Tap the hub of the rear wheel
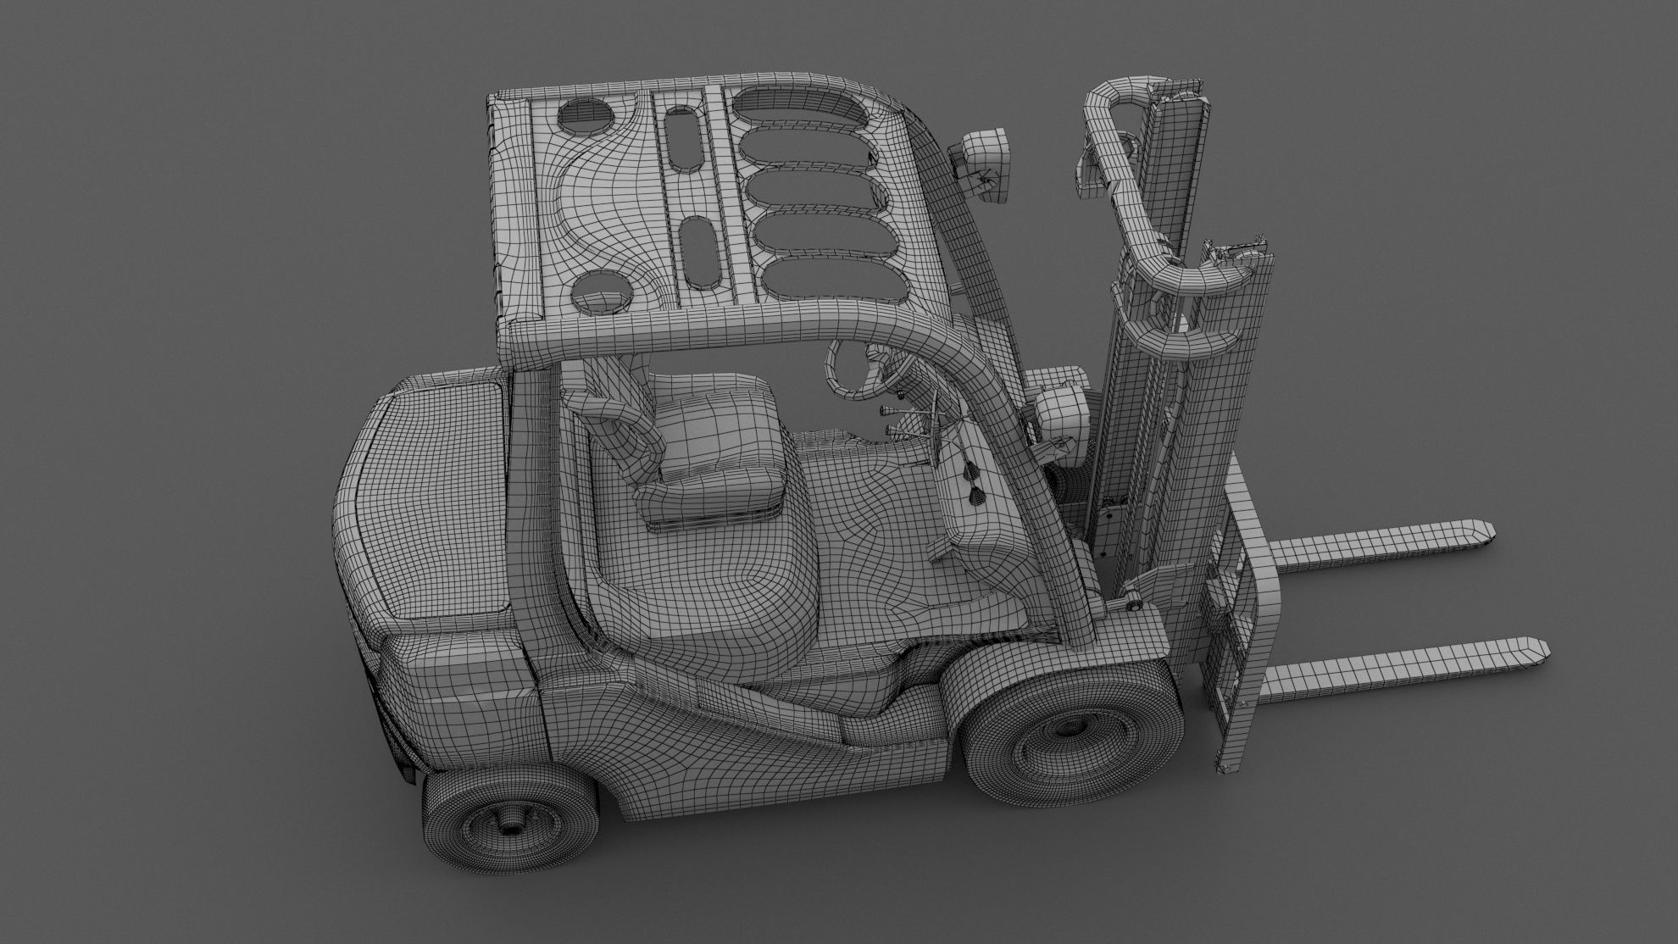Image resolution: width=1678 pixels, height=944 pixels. pyautogui.click(x=508, y=847)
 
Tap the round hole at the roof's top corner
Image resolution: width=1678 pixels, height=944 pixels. pyautogui.click(x=585, y=119)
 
